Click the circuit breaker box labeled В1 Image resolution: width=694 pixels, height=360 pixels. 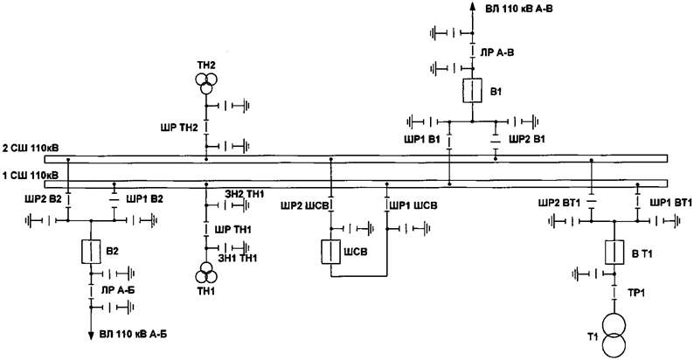(471, 90)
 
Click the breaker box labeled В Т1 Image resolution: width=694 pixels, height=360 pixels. (614, 253)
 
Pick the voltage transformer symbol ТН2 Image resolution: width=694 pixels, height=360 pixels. (205, 82)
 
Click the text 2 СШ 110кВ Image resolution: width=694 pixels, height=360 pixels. (31, 148)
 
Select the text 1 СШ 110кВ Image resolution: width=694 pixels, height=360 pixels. (31, 175)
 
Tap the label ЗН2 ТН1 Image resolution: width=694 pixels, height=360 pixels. (244, 193)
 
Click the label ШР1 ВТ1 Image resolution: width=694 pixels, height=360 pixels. (669, 203)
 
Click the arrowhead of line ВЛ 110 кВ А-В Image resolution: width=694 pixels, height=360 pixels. (471, 7)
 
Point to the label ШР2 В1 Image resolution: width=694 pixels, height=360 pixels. (527, 139)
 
